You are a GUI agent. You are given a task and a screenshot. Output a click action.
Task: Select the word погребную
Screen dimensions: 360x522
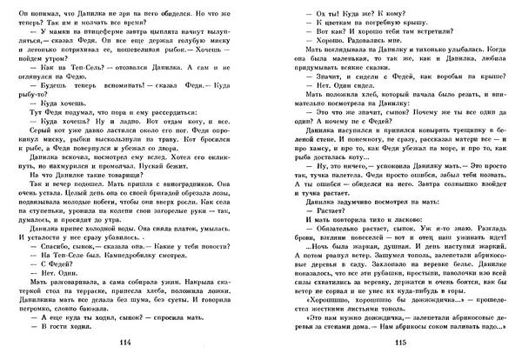tap(370, 29)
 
